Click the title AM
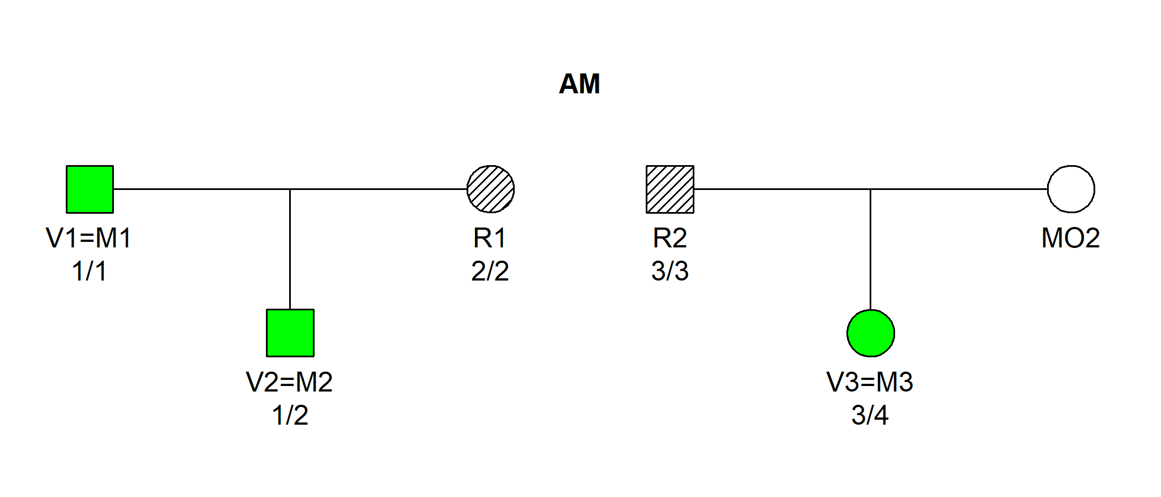tap(579, 84)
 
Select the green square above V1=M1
tap(90, 189)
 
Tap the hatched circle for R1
tap(490, 189)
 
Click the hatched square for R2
tap(670, 189)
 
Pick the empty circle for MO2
tap(1071, 189)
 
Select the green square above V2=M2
tap(290, 333)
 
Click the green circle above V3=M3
tap(871, 333)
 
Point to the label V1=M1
tap(89, 238)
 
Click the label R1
tap(490, 238)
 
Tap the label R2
tap(670, 238)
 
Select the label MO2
tap(1070, 238)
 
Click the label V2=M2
tap(289, 382)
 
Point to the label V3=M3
tap(870, 382)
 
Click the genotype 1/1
tap(89, 272)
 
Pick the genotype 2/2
tap(490, 272)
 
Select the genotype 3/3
tap(670, 272)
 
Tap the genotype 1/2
tap(290, 415)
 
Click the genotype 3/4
tap(870, 415)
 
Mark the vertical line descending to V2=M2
tap(290, 248)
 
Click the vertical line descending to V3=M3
tap(871, 248)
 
